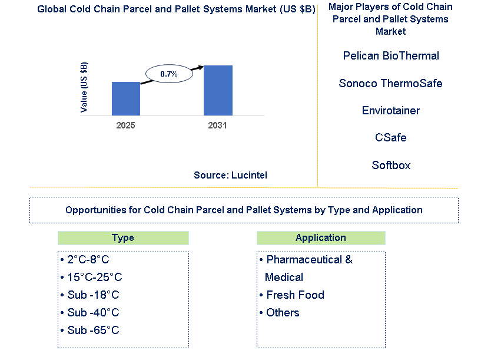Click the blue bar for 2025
click(126, 98)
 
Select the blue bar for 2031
click(218, 90)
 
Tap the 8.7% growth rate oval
click(169, 74)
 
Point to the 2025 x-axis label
click(125, 125)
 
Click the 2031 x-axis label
click(217, 125)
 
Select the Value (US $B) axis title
click(84, 87)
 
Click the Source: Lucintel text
click(230, 175)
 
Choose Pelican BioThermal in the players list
click(391, 55)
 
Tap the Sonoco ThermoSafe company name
click(390, 83)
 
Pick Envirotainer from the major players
click(391, 111)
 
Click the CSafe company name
click(390, 137)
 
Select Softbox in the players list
click(391, 165)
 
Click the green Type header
click(123, 238)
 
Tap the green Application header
click(321, 238)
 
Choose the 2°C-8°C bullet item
click(85, 260)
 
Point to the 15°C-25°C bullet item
click(91, 277)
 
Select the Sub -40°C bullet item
click(90, 312)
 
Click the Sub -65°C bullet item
click(90, 330)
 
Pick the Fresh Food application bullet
click(292, 295)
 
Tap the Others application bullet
click(279, 312)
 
